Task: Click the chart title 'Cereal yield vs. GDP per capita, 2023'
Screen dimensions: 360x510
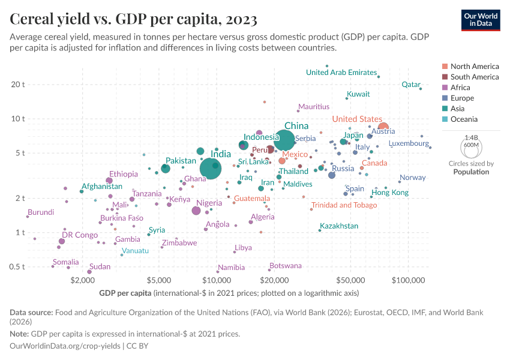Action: pos(134,19)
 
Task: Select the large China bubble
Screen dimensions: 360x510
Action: pos(284,140)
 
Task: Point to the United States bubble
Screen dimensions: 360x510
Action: pos(383,127)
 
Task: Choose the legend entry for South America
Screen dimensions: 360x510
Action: pos(475,77)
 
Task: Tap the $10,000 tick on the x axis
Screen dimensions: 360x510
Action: pos(217,280)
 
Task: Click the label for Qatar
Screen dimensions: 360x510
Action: pos(411,85)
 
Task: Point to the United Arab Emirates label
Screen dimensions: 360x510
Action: pos(341,73)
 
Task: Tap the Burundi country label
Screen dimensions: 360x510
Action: pos(41,212)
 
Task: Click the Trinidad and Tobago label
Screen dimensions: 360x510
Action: pos(344,205)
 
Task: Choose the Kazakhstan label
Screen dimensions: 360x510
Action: pos(339,226)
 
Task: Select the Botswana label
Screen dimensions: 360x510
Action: pos(286,265)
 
